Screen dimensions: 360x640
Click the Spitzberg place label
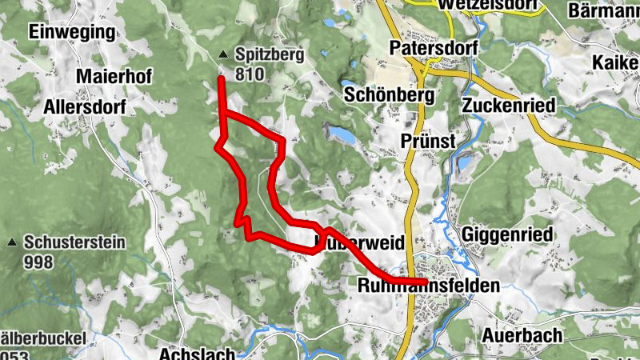coord(270,55)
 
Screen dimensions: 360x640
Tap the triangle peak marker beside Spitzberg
coord(222,55)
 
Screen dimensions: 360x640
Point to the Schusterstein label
coord(74,242)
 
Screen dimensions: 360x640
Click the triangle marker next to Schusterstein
coord(12,242)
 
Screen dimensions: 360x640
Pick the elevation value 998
coord(38,262)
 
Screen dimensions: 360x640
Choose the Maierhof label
coord(114,75)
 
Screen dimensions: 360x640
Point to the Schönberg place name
coord(389,94)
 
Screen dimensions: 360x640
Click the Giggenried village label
coord(507,235)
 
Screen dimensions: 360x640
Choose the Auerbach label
coord(522,335)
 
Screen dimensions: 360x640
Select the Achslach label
coord(197,353)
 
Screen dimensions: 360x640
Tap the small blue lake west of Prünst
coord(339,134)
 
